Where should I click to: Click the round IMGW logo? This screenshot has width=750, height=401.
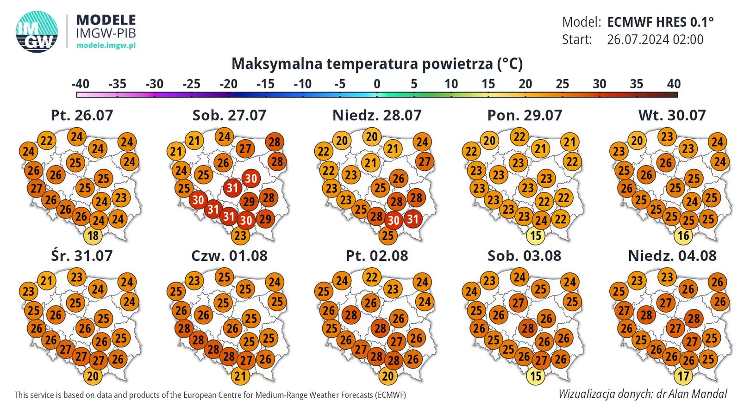(x=37, y=31)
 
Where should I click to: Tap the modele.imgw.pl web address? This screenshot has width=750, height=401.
(x=106, y=45)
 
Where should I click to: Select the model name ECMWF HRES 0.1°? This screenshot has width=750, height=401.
(x=660, y=22)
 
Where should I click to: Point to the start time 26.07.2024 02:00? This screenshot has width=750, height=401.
(x=655, y=40)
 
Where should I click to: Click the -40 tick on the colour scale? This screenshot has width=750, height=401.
(x=80, y=84)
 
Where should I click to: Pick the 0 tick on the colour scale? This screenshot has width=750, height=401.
(x=377, y=84)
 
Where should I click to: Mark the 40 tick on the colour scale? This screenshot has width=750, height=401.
(x=674, y=84)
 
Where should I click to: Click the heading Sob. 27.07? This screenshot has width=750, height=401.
(x=229, y=115)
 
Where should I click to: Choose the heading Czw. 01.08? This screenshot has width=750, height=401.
(x=229, y=256)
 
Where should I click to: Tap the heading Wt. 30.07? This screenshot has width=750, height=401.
(x=672, y=115)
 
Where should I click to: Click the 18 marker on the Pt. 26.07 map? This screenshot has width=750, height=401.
(x=93, y=236)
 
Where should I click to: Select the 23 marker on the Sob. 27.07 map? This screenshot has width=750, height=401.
(x=240, y=236)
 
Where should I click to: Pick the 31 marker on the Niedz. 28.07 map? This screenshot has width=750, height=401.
(x=413, y=218)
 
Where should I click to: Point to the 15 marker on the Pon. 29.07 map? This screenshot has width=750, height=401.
(x=536, y=236)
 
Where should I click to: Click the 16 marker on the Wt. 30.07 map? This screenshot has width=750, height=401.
(x=683, y=236)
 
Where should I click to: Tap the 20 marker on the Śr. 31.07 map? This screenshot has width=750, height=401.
(x=93, y=376)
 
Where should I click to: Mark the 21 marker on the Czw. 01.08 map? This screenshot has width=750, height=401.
(x=240, y=376)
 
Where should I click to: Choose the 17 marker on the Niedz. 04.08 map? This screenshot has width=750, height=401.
(x=683, y=376)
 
